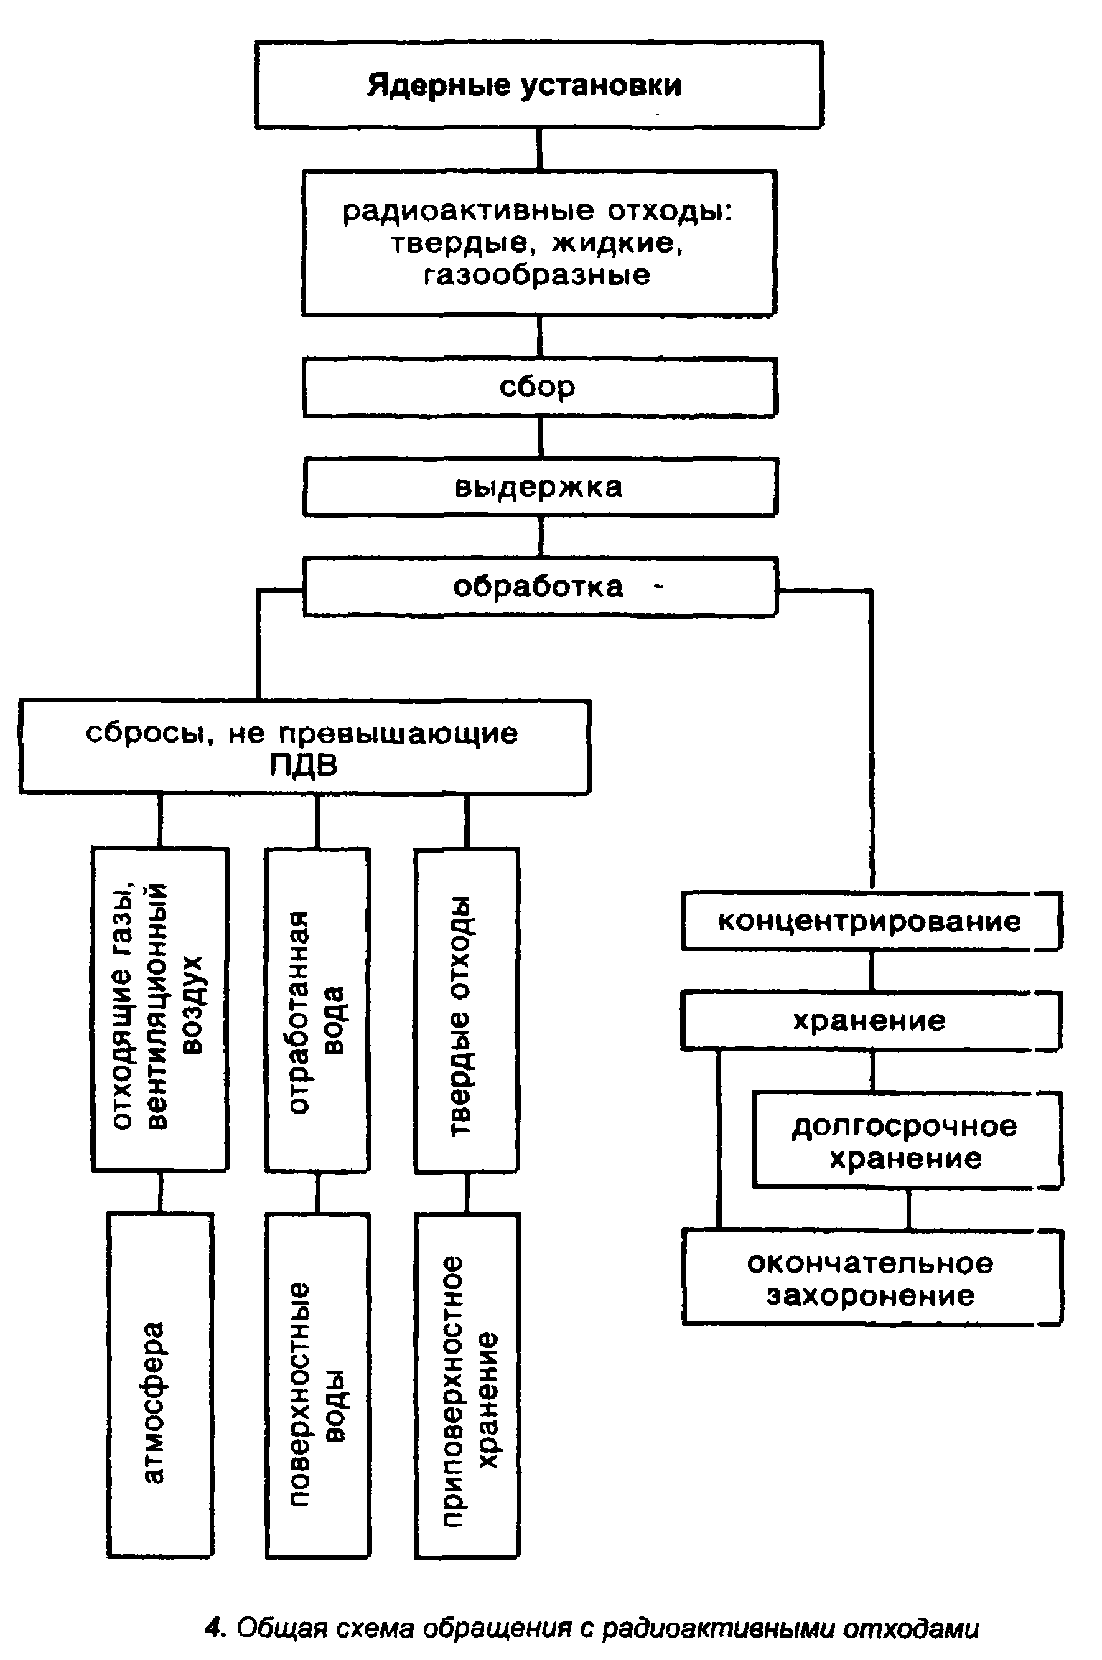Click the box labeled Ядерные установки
tap(539, 85)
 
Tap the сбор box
tap(539, 387)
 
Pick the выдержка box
tap(539, 487)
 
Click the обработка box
tap(539, 587)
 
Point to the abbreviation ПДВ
tap(304, 764)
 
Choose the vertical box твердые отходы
tap(467, 1010)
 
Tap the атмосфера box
tap(161, 1384)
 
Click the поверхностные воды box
tap(318, 1384)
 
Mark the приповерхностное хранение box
tap(467, 1384)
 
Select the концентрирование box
tap(871, 921)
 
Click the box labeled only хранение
tap(871, 1020)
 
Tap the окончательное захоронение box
tap(872, 1279)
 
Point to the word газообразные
tap(538, 274)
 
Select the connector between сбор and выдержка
tap(539, 437)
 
